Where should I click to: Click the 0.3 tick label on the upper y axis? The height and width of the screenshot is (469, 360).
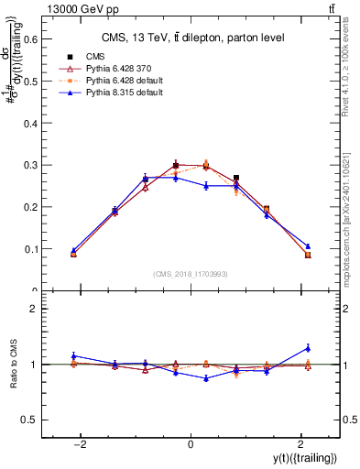(x=31, y=165)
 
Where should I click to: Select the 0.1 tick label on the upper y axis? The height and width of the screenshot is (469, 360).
(x=31, y=248)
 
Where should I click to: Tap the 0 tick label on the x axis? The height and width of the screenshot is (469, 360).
(x=191, y=444)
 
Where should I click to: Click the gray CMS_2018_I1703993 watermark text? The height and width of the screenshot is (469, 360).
(x=191, y=274)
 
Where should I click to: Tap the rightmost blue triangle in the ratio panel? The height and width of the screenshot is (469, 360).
(x=308, y=347)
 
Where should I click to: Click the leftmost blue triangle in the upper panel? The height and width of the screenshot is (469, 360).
(x=73, y=250)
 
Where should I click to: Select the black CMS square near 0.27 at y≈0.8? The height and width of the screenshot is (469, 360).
(x=236, y=178)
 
